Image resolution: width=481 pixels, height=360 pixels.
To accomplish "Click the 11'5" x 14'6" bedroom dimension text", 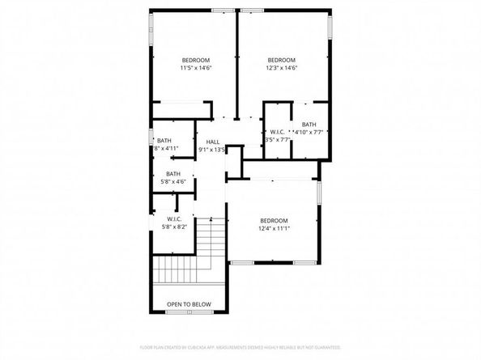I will pyautogui.click(x=195, y=69).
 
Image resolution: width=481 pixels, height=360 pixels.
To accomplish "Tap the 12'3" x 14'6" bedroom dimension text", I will pyautogui.click(x=282, y=69).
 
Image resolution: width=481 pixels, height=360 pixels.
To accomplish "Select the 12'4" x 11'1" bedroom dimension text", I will pyautogui.click(x=274, y=229).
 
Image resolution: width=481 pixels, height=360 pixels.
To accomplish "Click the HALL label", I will pyautogui.click(x=213, y=142).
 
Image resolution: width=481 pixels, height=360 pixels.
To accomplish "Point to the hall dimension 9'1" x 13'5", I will pyautogui.click(x=213, y=150).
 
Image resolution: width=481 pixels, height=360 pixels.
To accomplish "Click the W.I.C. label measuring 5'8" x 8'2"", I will pyautogui.click(x=173, y=219).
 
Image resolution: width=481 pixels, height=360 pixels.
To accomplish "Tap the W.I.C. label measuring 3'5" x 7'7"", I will pyautogui.click(x=275, y=132).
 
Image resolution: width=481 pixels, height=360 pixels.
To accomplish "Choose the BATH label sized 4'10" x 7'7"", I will pyautogui.click(x=309, y=124).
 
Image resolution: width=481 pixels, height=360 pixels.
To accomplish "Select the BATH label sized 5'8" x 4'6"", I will pyautogui.click(x=173, y=174).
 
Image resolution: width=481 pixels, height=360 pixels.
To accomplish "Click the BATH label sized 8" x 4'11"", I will pyautogui.click(x=164, y=141).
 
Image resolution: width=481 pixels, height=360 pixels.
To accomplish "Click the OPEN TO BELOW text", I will pyautogui.click(x=189, y=304).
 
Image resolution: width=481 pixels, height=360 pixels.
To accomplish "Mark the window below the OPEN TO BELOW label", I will pyautogui.click(x=189, y=313).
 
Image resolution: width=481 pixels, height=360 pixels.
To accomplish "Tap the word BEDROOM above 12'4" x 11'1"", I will pyautogui.click(x=274, y=221).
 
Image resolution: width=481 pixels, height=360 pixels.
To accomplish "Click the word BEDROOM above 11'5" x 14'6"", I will pyautogui.click(x=195, y=61).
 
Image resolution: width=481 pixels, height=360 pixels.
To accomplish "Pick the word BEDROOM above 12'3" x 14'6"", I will pyautogui.click(x=282, y=61).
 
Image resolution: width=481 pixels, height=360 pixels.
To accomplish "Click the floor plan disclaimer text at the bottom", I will pyautogui.click(x=240, y=346).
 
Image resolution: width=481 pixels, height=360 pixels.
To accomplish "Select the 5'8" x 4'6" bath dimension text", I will pyautogui.click(x=173, y=182).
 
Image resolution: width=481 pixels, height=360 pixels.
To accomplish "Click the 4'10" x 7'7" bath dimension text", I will pyautogui.click(x=309, y=132).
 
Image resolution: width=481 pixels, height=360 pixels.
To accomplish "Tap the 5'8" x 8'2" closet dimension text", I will pyautogui.click(x=173, y=227).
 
